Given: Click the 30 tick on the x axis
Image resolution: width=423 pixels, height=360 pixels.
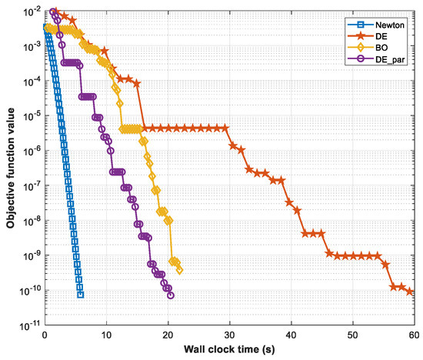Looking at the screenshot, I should pos(229,335).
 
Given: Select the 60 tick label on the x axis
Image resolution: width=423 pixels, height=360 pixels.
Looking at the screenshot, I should pos(413,335).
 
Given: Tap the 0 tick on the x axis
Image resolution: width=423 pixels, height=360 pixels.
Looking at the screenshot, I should pos(45,335).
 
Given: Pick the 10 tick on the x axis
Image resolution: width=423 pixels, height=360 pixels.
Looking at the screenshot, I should pos(106,335).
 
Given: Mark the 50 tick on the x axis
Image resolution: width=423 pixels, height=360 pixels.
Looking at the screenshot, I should pos(352,335).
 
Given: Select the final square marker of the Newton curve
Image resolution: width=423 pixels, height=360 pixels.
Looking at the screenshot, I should pos(81,295).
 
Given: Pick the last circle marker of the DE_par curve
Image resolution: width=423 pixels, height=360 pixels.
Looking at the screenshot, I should pos(170,295).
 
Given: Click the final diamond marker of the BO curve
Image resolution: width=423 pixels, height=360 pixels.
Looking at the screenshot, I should pos(179,270).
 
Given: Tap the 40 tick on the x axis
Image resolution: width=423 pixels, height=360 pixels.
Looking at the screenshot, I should pos(291,335).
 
